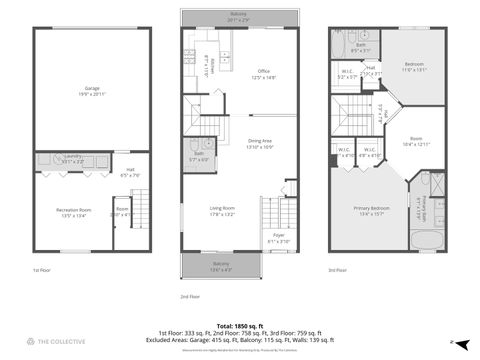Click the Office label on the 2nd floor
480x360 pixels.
pyautogui.click(x=263, y=73)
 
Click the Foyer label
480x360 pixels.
pyautogui.click(x=278, y=239)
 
